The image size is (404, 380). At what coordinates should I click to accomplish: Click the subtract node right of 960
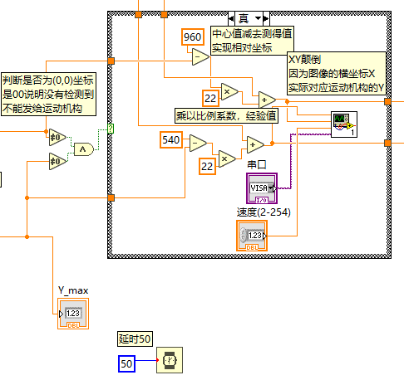coord(200,56)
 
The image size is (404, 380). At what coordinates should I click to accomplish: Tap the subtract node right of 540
coord(198,143)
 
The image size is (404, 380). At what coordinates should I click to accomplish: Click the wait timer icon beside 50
coord(170,359)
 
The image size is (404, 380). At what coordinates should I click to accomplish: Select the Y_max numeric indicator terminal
coord(72,314)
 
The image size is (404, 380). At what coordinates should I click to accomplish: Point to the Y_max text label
coord(72,290)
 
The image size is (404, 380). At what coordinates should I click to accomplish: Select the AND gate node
coord(83,149)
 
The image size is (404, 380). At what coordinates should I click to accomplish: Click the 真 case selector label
coord(249,17)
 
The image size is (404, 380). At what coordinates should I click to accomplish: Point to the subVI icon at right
coord(344,124)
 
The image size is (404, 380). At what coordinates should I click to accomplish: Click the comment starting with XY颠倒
coord(336,72)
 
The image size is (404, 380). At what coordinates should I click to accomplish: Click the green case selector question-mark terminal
coord(111,129)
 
